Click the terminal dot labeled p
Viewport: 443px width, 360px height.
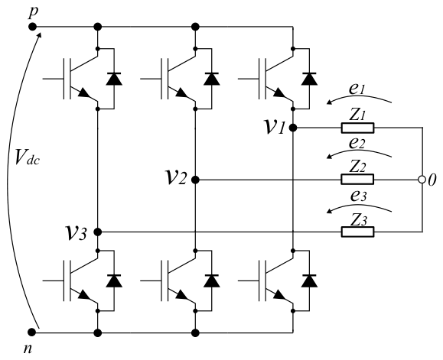click(x=32, y=27)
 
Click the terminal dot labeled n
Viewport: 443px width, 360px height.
click(x=32, y=332)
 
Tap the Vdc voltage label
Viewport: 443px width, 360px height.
click(x=27, y=157)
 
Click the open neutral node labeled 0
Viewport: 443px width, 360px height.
click(x=422, y=180)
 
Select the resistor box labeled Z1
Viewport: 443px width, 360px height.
click(x=357, y=128)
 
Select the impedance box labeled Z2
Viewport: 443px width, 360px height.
click(x=357, y=179)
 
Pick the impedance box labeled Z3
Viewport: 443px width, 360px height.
click(x=357, y=232)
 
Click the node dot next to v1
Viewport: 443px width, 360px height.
click(x=293, y=128)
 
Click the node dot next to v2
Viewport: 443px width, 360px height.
click(x=195, y=180)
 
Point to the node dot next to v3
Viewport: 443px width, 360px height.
click(x=97, y=232)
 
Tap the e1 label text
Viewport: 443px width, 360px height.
click(x=357, y=89)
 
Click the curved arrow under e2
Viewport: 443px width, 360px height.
click(x=359, y=152)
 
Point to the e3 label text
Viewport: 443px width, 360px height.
click(x=358, y=196)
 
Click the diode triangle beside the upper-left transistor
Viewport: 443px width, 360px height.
click(x=114, y=79)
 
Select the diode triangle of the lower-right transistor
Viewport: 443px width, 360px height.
click(x=309, y=281)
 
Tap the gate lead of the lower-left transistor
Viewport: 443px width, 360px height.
click(x=53, y=281)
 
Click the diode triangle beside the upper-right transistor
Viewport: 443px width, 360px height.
click(x=309, y=79)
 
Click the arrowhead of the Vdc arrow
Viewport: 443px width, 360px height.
click(x=39, y=35)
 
